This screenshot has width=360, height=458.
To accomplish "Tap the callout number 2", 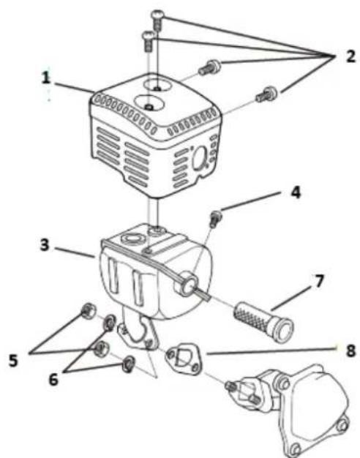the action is pos(350,56).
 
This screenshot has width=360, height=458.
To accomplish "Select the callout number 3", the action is pos(45,245).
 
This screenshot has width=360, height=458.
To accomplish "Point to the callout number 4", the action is pos(296,192).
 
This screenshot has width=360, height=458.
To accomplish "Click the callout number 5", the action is pos(13,361).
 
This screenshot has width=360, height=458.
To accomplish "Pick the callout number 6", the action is pos(53,380).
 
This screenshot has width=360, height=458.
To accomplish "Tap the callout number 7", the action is pos(318,281).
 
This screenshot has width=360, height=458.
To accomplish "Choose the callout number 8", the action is pos(350,350).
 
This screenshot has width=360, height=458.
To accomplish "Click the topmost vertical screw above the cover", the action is pos(157,19).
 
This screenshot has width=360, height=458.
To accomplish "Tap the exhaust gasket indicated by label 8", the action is pos(184,358).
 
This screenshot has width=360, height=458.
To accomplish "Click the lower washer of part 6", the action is pos(128,364).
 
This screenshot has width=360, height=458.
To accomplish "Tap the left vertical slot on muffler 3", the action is pos(113,276).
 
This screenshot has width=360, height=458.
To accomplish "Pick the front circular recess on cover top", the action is pos(149,103).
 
